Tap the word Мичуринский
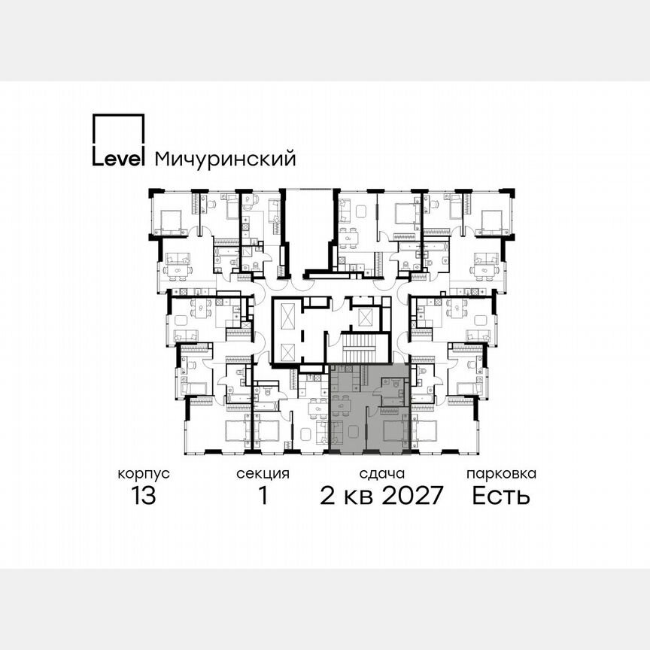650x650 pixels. tap(224, 159)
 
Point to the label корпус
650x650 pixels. tap(143, 474)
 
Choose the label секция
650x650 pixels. tap(263, 474)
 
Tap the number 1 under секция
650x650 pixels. tap(263, 497)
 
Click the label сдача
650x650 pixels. tap(382, 474)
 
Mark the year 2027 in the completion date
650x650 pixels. tap(409, 497)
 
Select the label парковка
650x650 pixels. tap(501, 474)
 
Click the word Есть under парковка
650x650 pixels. tap(501, 497)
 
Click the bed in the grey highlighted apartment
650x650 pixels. tap(393, 432)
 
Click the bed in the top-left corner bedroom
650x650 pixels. tap(172, 220)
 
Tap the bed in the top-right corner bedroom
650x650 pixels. tap(492, 220)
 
